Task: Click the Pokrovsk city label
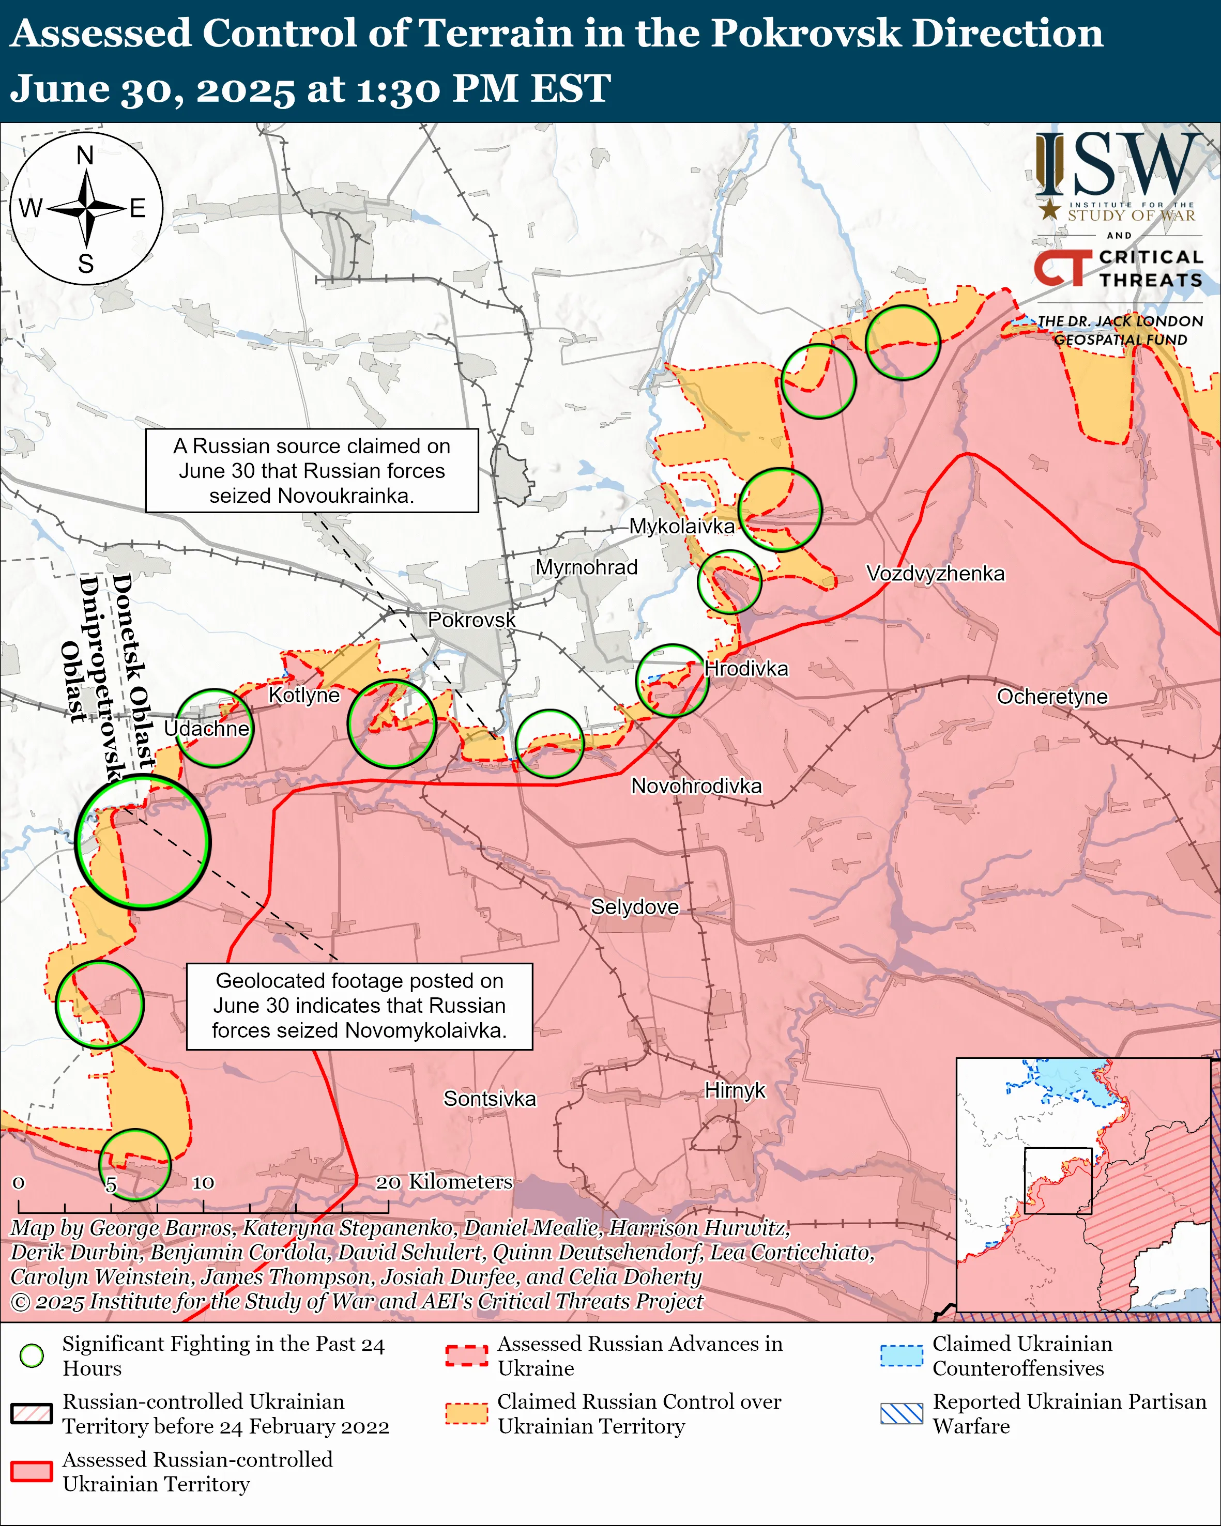pos(471,620)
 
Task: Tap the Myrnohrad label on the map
pos(586,567)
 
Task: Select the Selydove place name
pos(634,907)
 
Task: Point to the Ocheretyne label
pos(1052,697)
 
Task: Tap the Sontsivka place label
pos(489,1099)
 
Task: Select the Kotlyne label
pos(303,695)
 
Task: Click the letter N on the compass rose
pos(85,155)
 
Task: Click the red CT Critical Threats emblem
pos(1062,268)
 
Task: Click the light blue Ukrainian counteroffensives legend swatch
pos(901,1355)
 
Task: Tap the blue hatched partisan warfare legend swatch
pos(901,1413)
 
